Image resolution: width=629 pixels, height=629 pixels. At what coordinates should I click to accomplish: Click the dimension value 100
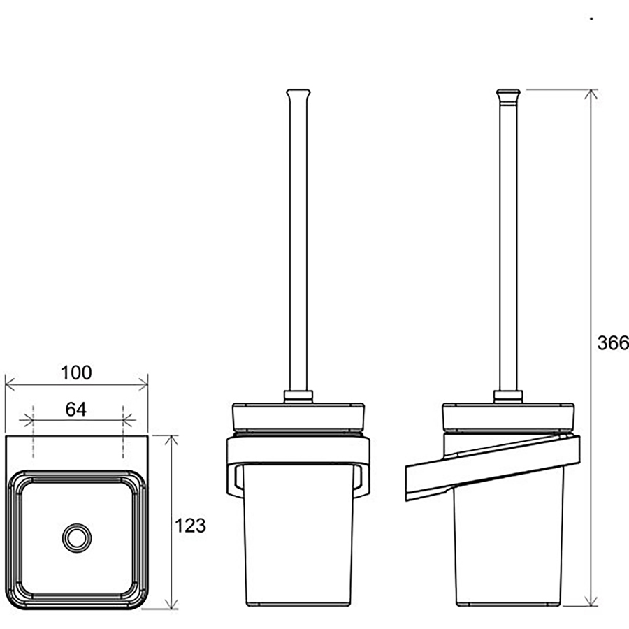(76, 373)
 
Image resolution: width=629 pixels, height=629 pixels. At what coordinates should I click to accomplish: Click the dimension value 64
(75, 409)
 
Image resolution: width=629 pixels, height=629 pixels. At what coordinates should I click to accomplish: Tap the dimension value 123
(190, 526)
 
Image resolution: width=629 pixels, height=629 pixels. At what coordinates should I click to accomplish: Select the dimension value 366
(613, 343)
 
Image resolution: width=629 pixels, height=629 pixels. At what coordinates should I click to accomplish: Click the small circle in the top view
(77, 537)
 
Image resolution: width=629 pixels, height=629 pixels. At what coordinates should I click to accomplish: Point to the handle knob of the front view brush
(298, 94)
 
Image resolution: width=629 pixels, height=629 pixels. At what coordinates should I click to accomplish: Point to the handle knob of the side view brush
(508, 94)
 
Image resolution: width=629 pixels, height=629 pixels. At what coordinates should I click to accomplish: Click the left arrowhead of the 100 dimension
(10, 384)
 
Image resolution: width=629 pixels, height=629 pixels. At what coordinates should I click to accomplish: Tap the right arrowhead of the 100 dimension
(143, 384)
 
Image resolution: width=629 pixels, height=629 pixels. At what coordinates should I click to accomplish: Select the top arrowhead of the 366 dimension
(591, 94)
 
